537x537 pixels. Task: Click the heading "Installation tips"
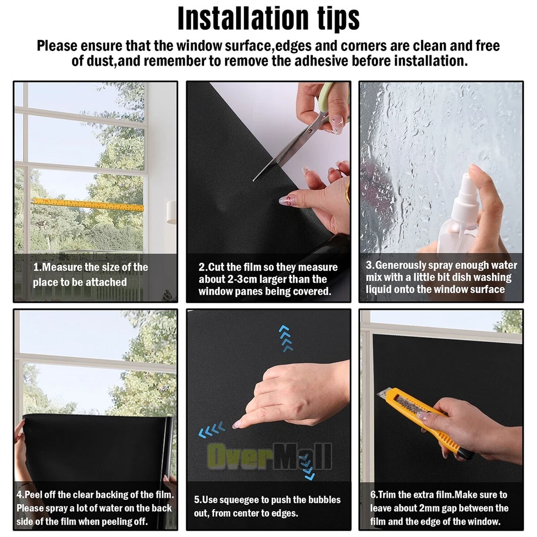268,18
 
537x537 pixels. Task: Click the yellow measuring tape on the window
89,204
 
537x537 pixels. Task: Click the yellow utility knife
426,421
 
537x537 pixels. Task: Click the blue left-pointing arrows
212,430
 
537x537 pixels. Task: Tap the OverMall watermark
269,456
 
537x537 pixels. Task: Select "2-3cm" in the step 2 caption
243,279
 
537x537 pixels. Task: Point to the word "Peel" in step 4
33,495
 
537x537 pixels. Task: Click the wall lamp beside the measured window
171,212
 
